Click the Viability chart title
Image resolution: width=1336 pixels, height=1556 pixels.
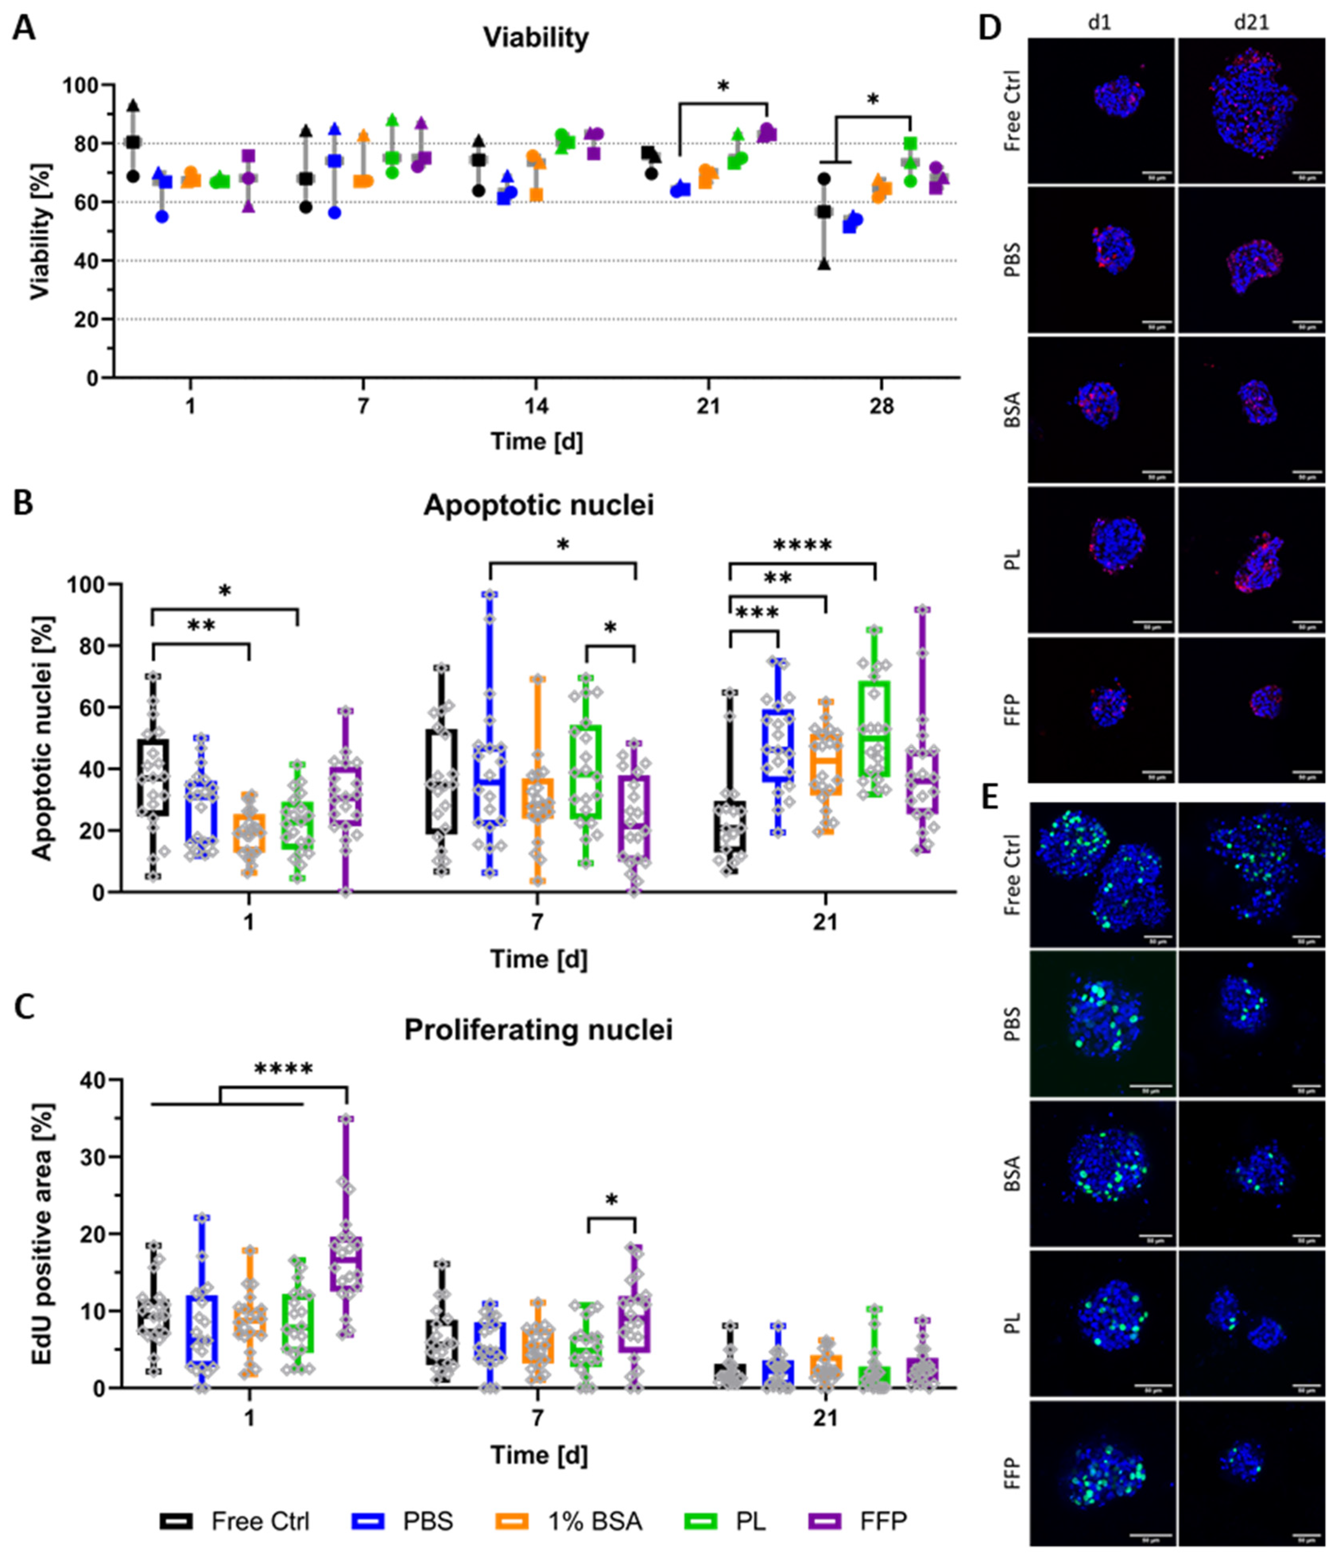coord(536,38)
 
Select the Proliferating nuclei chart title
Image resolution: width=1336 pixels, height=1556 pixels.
coord(538,1030)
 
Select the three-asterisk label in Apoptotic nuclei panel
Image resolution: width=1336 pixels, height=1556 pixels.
coord(757,613)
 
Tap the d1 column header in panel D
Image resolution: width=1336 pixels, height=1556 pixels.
coord(1100,23)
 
